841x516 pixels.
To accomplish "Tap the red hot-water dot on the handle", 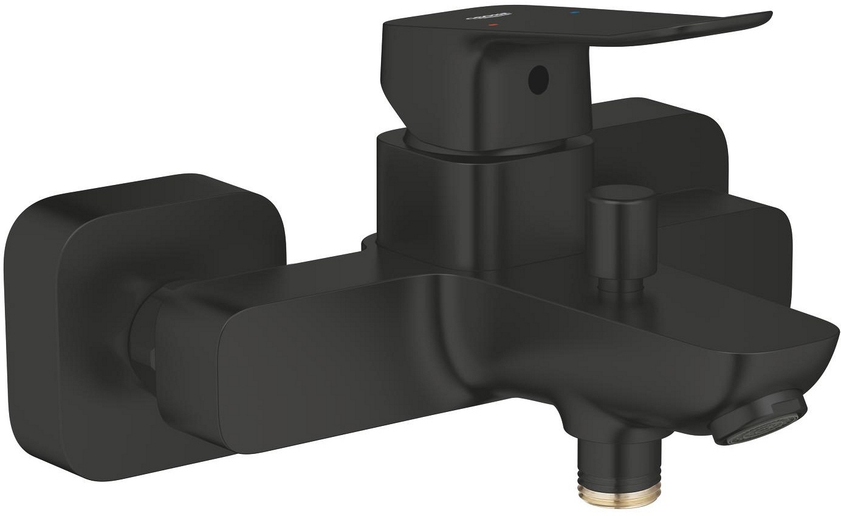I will click(x=493, y=26).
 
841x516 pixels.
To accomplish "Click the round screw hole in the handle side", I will click(x=537, y=80).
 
